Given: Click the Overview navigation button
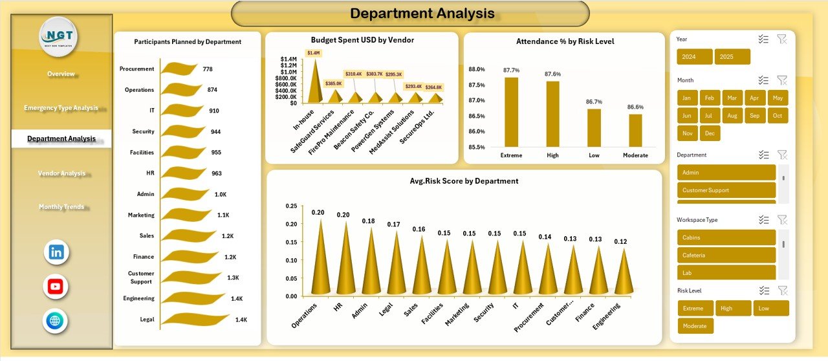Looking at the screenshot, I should pos(61,74).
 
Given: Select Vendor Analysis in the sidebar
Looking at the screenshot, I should pos(61,173).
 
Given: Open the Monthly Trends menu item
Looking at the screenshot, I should pos(61,206).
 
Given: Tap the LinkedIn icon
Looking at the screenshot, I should pos(56,252).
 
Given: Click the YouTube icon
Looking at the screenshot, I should pos(56,287).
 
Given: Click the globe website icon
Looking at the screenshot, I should pos(56,321).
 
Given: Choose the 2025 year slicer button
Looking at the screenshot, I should pos(732,57).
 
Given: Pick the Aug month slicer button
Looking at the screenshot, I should pos(732,116).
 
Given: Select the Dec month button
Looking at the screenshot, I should pos(710,133).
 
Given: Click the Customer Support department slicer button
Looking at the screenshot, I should pos(726,190).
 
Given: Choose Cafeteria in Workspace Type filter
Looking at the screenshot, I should pos(726,255).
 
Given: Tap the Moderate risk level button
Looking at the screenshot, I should pos(695,326).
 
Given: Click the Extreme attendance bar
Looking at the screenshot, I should pos(511,112).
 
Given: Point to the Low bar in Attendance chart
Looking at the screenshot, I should pos(594,128).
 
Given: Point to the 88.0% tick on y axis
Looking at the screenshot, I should pos(477,69).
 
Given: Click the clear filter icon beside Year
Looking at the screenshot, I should pos(781,39).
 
